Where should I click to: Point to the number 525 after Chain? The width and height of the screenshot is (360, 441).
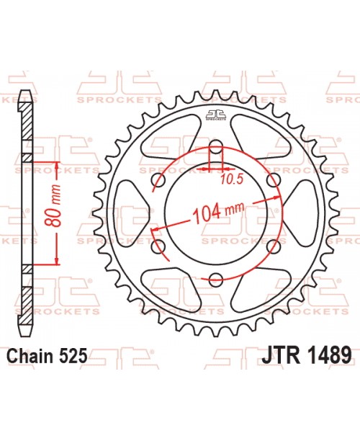(74, 355)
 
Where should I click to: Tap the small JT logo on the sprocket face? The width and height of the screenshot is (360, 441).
(215, 114)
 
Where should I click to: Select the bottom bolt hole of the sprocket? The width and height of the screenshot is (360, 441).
(215, 280)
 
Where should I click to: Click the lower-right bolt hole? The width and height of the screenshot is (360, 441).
(272, 247)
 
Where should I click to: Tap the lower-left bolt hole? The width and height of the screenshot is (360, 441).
(158, 247)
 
